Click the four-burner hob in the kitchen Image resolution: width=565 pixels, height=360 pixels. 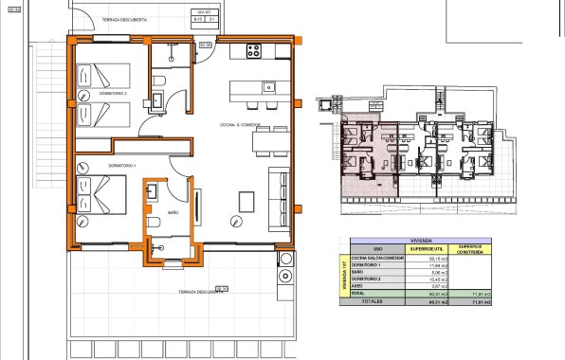coord(254,51)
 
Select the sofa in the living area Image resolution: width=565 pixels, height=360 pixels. coord(281,197)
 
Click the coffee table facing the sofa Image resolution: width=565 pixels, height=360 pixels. coord(246,202)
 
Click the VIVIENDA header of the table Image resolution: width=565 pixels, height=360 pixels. coord(423,241)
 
